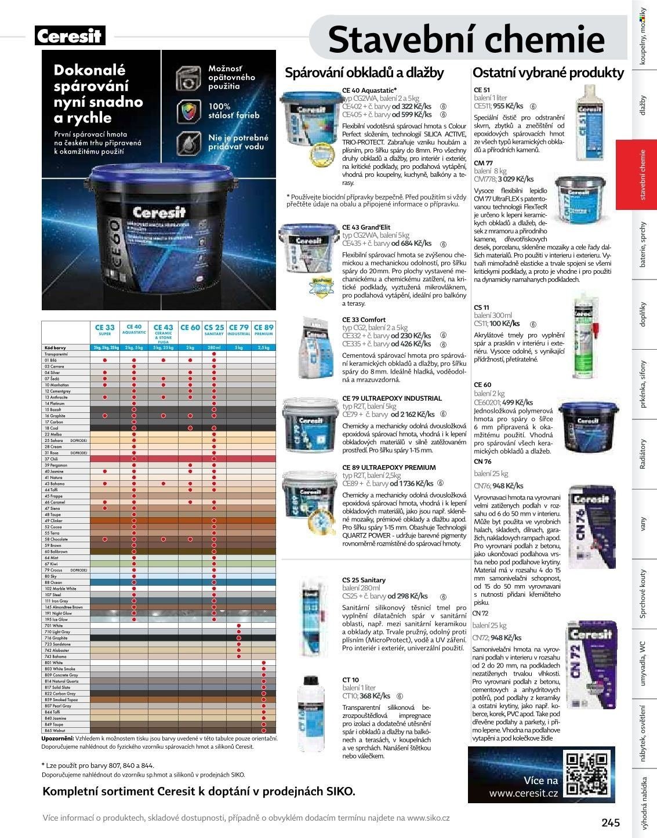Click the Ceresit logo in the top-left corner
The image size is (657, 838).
tap(69, 37)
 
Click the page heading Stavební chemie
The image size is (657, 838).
tap(466, 39)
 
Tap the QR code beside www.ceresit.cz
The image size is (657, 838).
tap(586, 774)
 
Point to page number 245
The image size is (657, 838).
tap(611, 822)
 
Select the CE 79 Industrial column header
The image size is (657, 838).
tap(239, 329)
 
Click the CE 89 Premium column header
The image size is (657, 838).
tap(263, 329)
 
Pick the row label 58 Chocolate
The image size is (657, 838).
tap(57, 539)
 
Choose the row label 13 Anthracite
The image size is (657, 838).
tap(57, 397)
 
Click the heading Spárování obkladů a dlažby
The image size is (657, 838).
tap(364, 72)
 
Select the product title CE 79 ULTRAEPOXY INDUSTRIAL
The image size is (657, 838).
tap(392, 398)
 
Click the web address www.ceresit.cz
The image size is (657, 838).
tap(523, 793)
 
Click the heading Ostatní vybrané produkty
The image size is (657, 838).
tap(548, 72)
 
